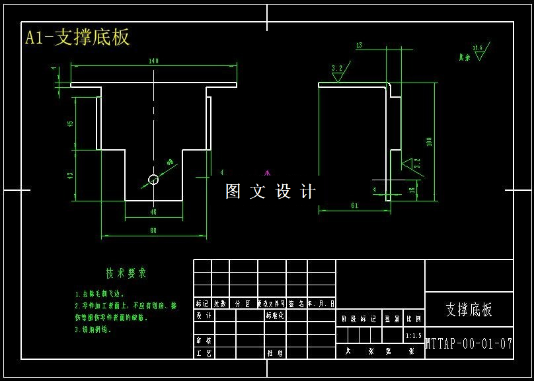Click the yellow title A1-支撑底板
(x=77, y=37)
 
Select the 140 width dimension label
(x=153, y=61)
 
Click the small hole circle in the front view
(x=153, y=179)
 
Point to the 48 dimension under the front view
(x=153, y=213)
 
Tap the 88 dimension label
(x=153, y=230)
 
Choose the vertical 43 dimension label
(x=71, y=175)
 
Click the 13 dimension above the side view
(x=359, y=46)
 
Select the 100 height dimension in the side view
(x=429, y=141)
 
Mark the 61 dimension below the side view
(x=354, y=205)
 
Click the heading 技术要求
(x=126, y=273)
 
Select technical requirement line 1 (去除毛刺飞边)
(x=100, y=294)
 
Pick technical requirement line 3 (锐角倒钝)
(x=93, y=329)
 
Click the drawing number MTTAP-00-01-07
(x=469, y=343)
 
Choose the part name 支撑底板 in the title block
(x=469, y=310)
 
